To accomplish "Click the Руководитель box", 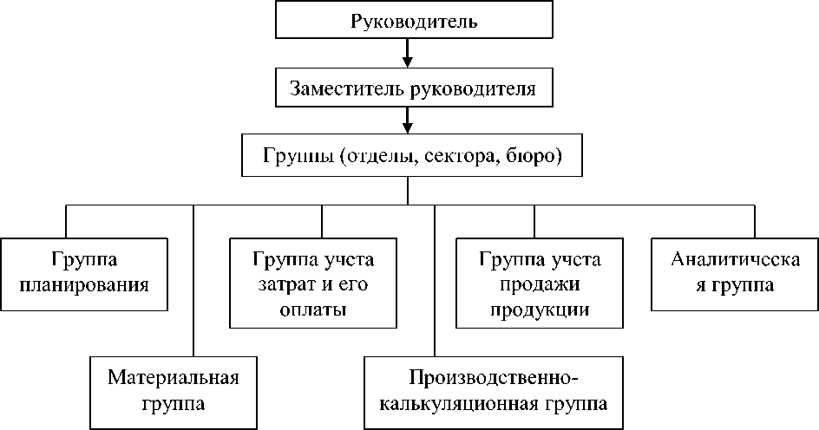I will click(414, 20).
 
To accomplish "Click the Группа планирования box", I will click(84, 272).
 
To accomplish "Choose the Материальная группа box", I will click(174, 391).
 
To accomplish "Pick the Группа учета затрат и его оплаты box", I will click(313, 284).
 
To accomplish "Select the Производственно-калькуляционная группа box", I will click(491, 391).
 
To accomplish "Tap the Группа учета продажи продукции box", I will click(540, 284).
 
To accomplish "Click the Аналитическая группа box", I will click(734, 272).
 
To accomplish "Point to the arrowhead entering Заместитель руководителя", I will click(408, 62).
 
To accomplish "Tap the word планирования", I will click(84, 284).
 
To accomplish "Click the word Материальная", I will click(174, 378).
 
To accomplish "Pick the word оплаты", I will click(313, 310).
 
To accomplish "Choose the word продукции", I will click(540, 310).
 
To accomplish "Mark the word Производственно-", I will click(491, 378).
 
